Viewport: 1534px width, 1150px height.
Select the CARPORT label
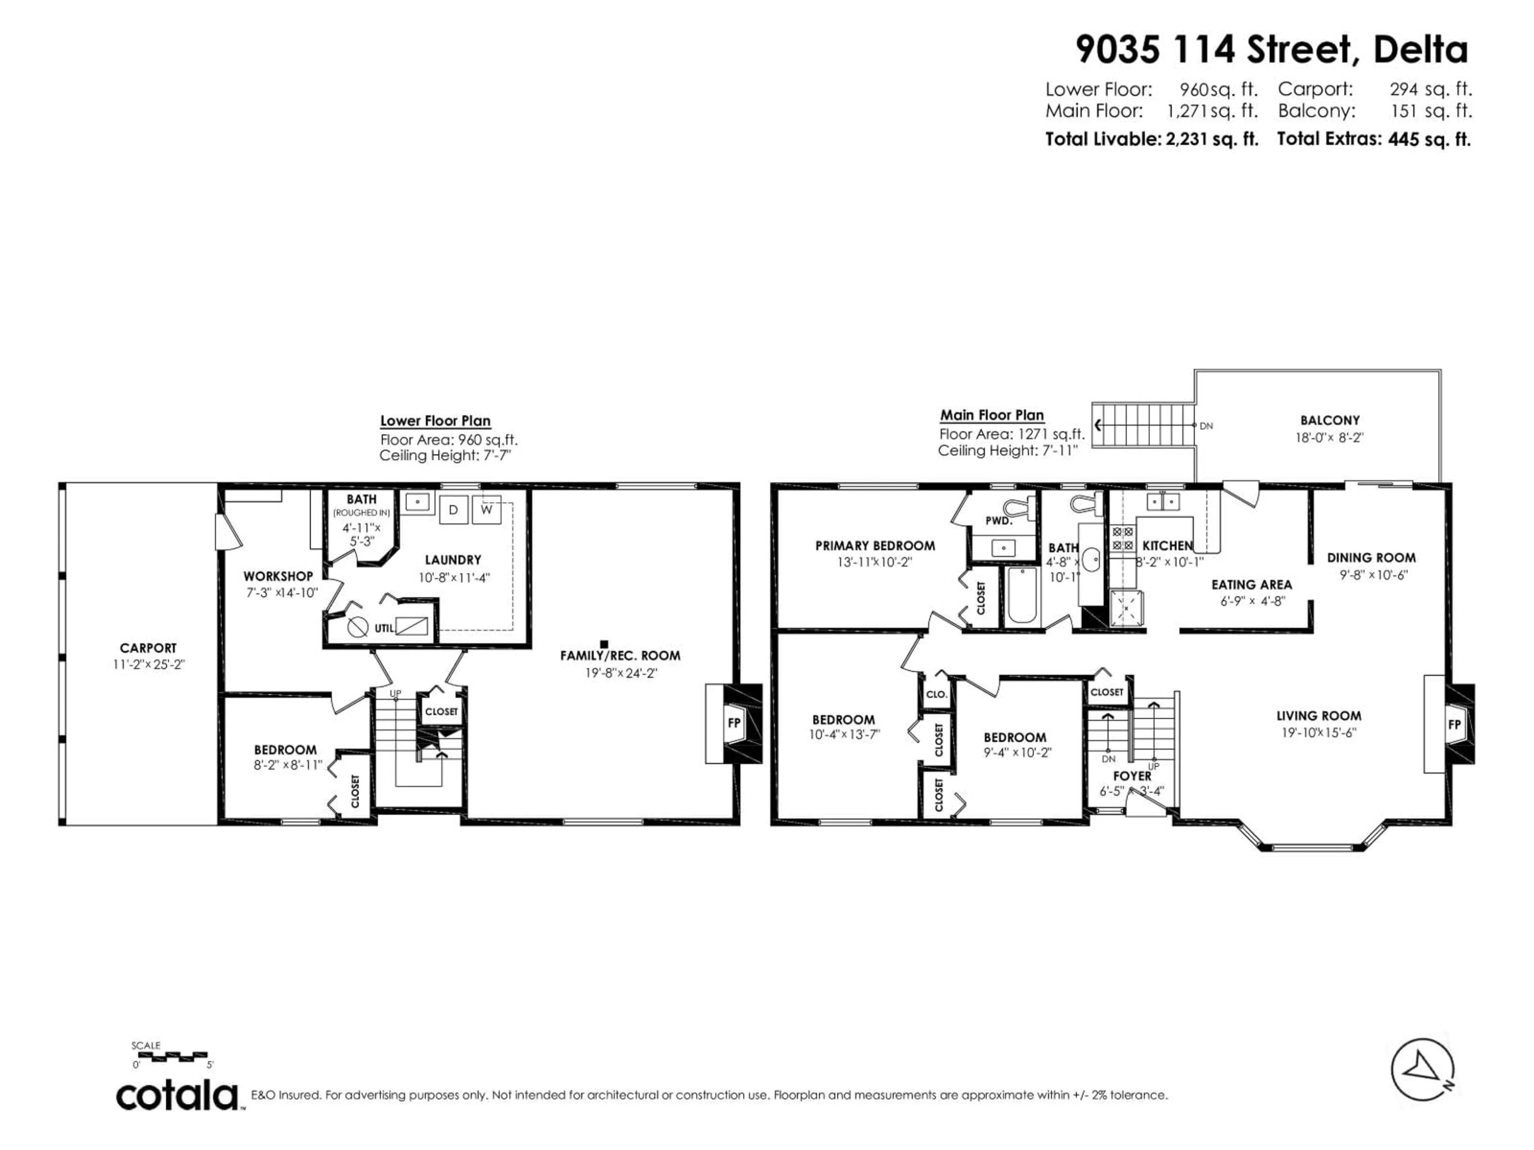pos(149,648)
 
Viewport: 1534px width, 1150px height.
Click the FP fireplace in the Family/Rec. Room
pos(734,723)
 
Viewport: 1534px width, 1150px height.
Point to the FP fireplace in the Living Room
pos(1454,724)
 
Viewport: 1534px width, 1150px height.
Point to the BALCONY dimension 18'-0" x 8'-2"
pos(1329,437)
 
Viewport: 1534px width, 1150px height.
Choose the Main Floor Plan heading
pos(992,415)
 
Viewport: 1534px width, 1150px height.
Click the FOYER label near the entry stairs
pos(1132,776)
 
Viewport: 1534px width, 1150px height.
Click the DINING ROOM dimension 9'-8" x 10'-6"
pos(1371,575)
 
